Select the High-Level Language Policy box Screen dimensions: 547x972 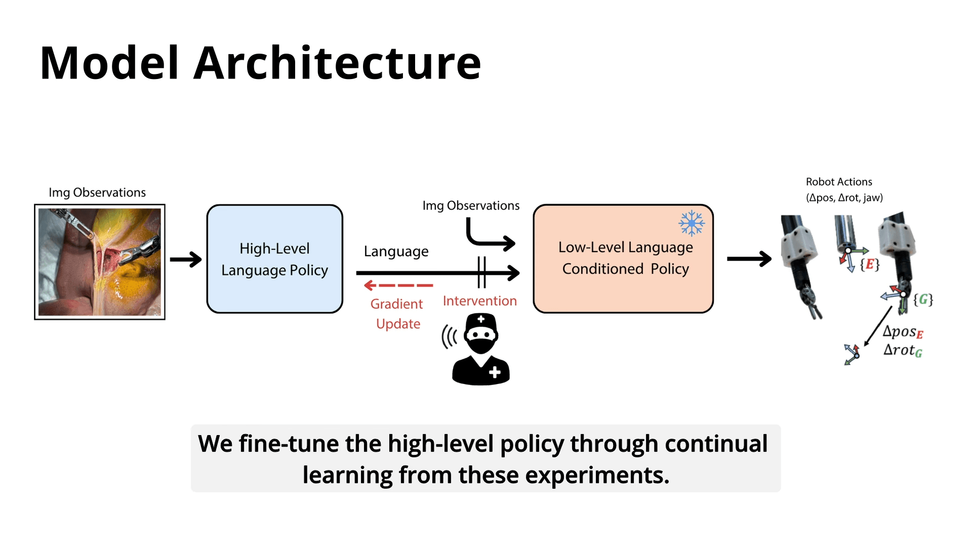274,259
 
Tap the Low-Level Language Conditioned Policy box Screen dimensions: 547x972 623,259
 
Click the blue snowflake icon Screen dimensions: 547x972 692,223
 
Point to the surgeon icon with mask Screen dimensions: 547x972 481,349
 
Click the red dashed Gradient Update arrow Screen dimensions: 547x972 398,286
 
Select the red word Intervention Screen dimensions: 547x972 479,301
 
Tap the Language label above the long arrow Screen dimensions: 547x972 396,251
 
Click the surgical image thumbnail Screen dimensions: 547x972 100,262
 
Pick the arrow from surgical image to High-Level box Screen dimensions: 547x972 186,259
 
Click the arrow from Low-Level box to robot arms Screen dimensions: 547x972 749,259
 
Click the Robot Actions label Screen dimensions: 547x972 839,182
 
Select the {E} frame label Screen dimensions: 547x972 870,264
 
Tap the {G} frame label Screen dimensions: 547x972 923,299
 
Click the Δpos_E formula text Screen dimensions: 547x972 903,332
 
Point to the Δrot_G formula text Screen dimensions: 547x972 903,350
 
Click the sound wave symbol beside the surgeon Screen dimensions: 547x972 449,337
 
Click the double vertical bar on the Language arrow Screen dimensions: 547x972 481,272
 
